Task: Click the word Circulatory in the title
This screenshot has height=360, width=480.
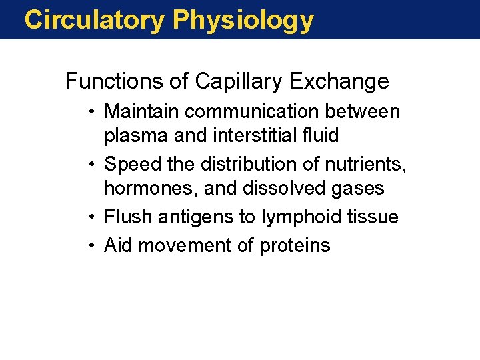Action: coord(93,20)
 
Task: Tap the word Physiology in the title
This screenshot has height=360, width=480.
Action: coord(243,21)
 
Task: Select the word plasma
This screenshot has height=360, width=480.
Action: coord(136,136)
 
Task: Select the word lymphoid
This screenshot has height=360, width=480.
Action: coord(295,217)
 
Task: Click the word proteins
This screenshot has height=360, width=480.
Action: coord(294,245)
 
